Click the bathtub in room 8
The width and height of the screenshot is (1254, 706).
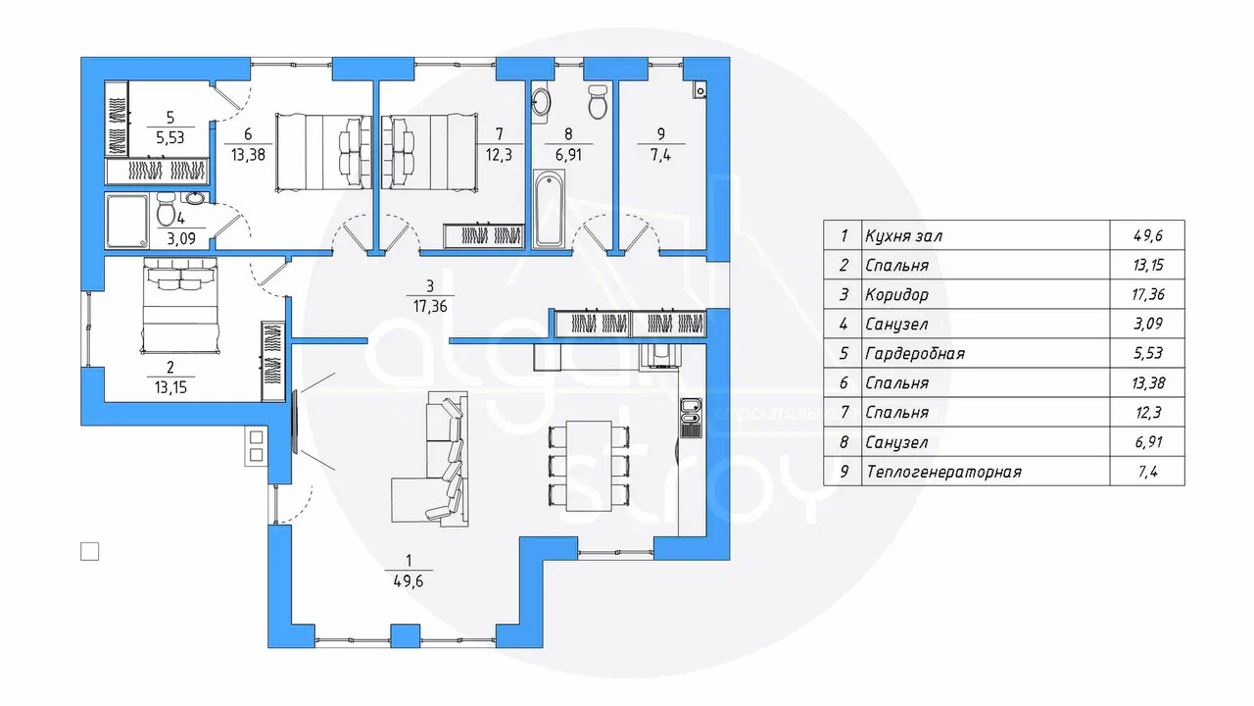click(x=549, y=209)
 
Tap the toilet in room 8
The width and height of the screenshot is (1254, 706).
click(x=597, y=100)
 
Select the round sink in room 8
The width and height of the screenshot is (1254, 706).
click(x=542, y=100)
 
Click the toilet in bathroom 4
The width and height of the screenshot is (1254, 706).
click(x=166, y=210)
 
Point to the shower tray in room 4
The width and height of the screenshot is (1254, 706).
click(x=127, y=222)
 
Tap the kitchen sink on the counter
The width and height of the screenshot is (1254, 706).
click(x=690, y=416)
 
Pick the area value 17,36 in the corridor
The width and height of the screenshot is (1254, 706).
click(x=430, y=305)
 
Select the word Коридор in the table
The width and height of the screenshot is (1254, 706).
click(x=896, y=295)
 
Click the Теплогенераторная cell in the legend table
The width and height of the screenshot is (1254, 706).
click(x=943, y=472)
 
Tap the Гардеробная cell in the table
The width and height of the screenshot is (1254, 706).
click(x=915, y=354)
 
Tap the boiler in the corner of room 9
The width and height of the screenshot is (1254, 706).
click(x=699, y=91)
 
